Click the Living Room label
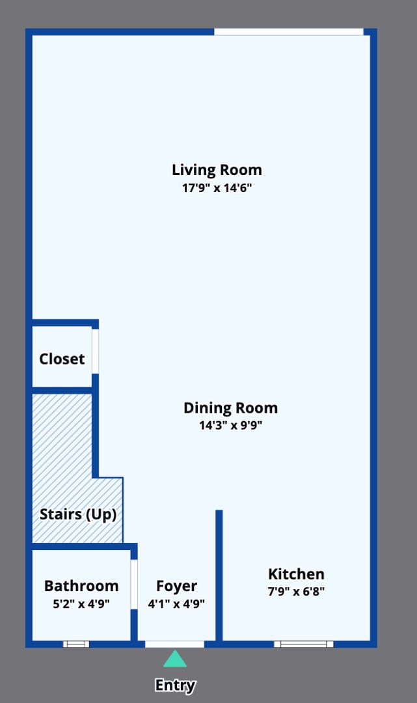pyautogui.click(x=217, y=170)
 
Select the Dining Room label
pyautogui.click(x=230, y=408)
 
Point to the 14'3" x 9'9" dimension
pyautogui.click(x=230, y=426)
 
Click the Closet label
pyautogui.click(x=62, y=359)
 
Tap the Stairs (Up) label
pyautogui.click(x=78, y=514)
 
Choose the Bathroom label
pyautogui.click(x=81, y=586)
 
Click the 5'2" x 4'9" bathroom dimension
pyautogui.click(x=81, y=603)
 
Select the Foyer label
pyautogui.click(x=176, y=586)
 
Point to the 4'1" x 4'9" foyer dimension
pyautogui.click(x=176, y=603)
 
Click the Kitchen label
pyautogui.click(x=296, y=574)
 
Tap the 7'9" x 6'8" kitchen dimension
pyautogui.click(x=296, y=592)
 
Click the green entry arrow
pyautogui.click(x=174, y=659)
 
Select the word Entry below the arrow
pyautogui.click(x=175, y=685)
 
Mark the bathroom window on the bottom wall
pyautogui.click(x=76, y=644)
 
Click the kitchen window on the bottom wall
pyautogui.click(x=303, y=644)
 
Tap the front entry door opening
pyautogui.click(x=174, y=644)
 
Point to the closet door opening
pyautogui.click(x=95, y=351)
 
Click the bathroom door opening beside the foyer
pyautogui.click(x=134, y=584)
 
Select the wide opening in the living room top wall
pyautogui.click(x=289, y=32)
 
